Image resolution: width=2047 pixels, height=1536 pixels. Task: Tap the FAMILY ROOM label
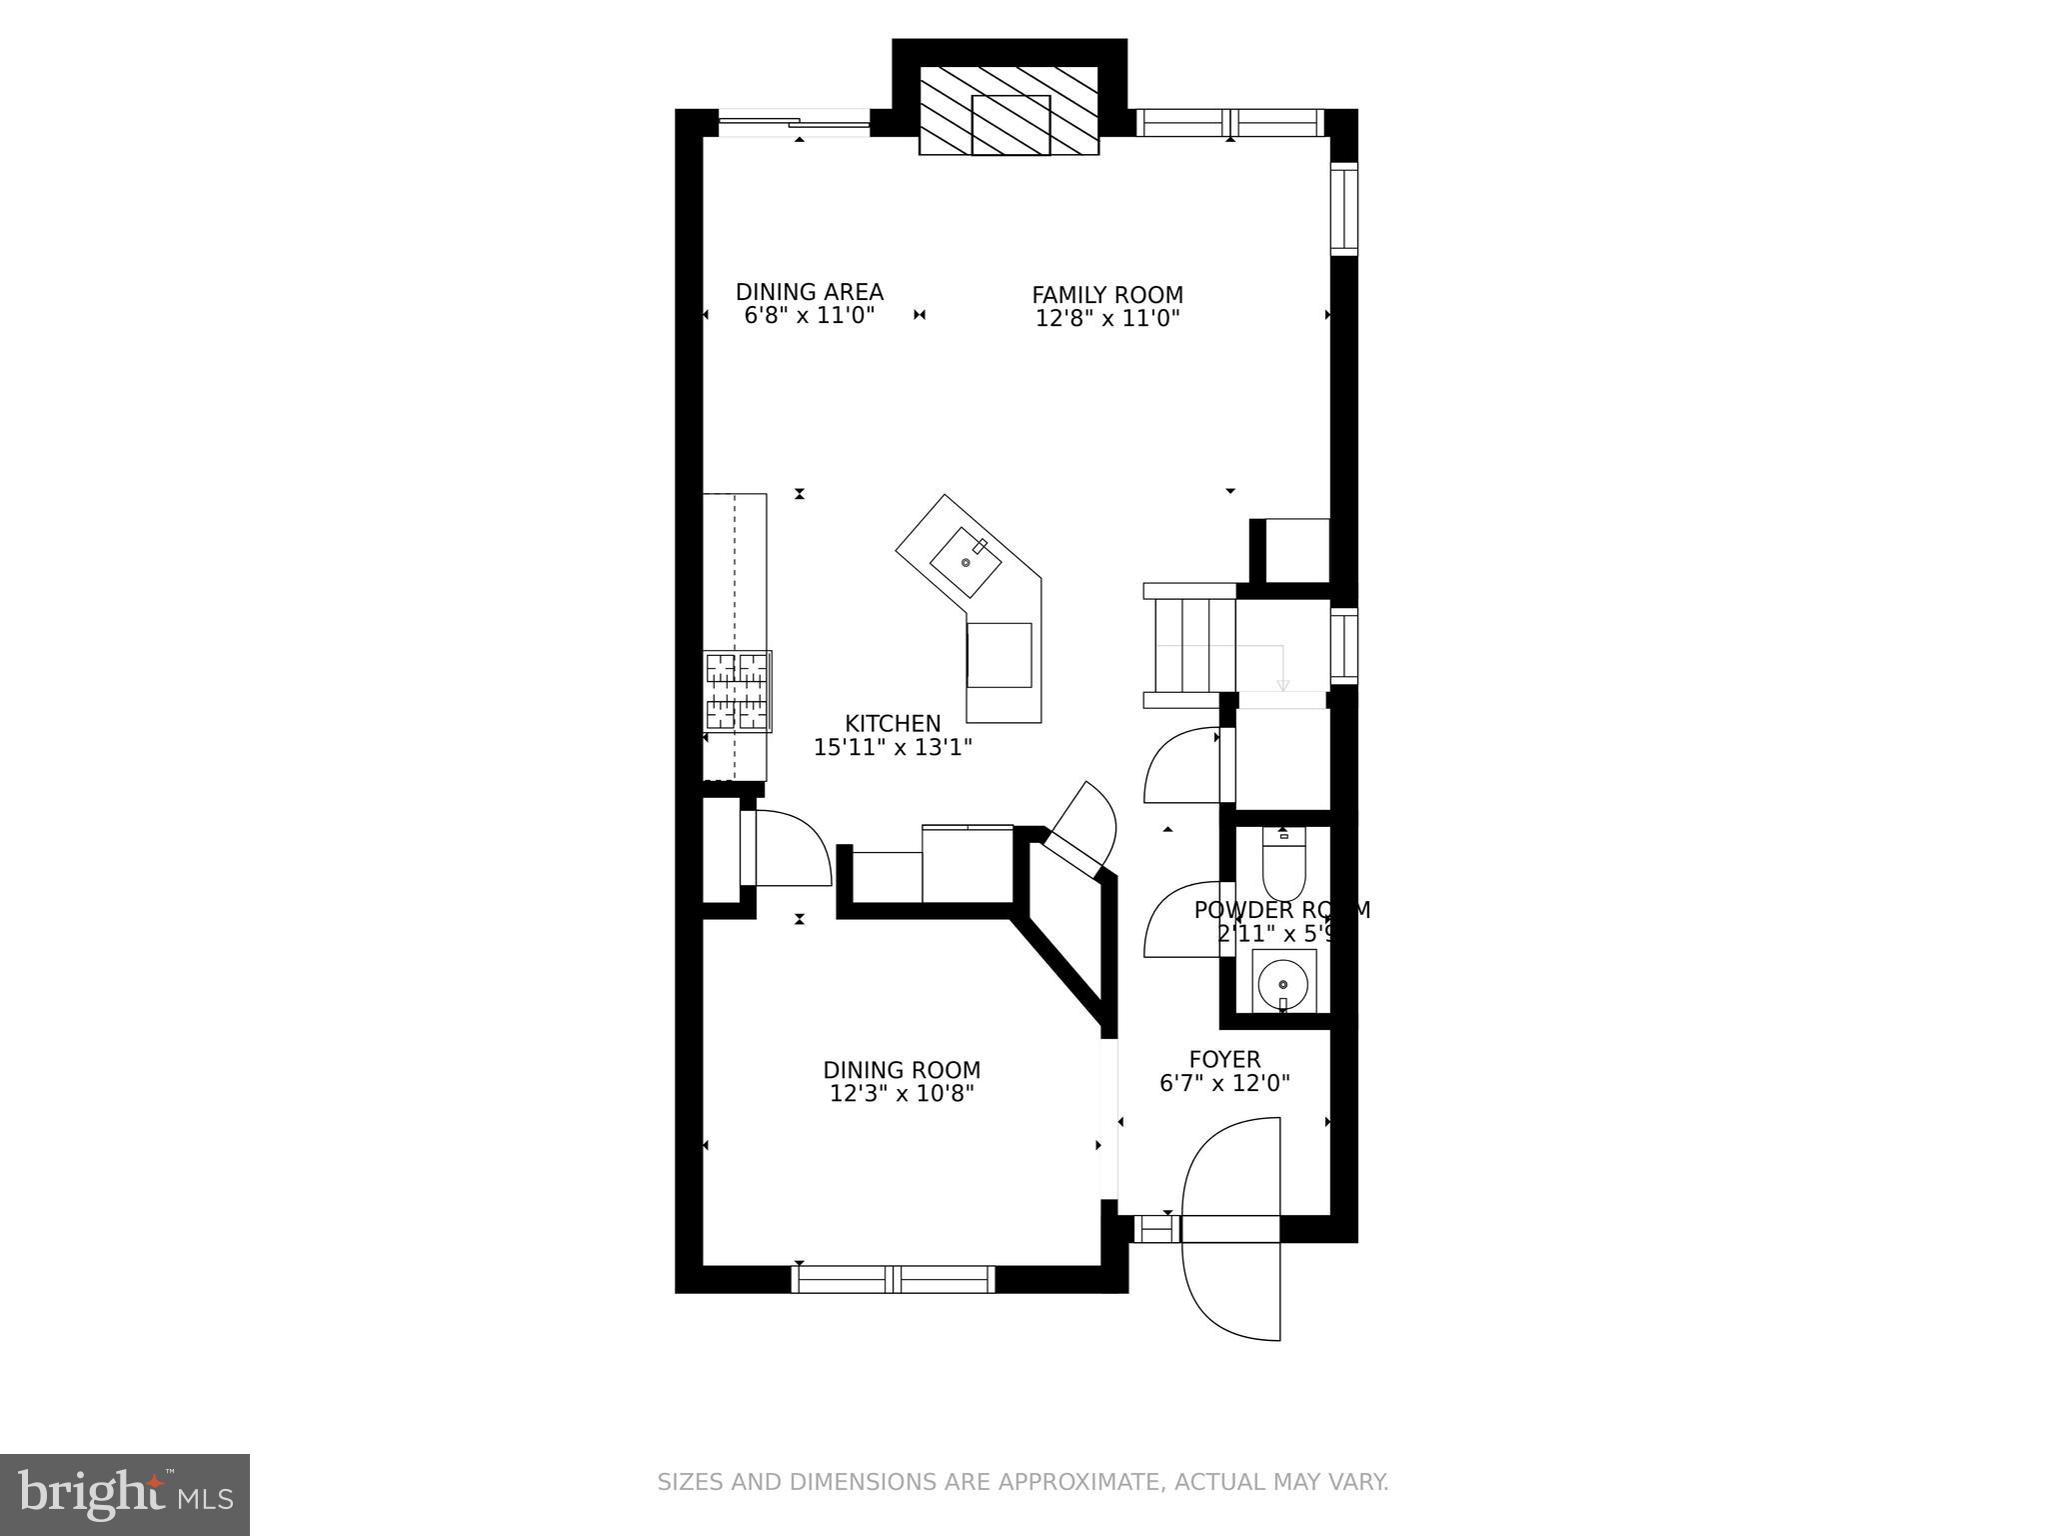(1107, 295)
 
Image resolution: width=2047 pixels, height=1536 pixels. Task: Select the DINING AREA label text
(810, 292)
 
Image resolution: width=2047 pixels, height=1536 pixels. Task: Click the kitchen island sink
(965, 564)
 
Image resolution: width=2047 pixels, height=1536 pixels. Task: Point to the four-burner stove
(738, 692)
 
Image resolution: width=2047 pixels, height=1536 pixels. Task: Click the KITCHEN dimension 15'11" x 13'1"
(893, 747)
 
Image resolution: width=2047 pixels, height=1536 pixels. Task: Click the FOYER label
(1224, 1059)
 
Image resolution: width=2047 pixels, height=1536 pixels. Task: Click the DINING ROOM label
(902, 1070)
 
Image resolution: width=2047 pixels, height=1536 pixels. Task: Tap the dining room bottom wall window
(893, 1279)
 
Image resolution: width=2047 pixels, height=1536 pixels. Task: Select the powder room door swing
(1179, 920)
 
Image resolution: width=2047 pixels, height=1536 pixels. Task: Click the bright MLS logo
(124, 1495)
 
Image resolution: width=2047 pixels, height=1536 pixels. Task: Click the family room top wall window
(1230, 123)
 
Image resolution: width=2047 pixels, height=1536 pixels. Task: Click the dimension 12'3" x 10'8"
(902, 1094)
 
